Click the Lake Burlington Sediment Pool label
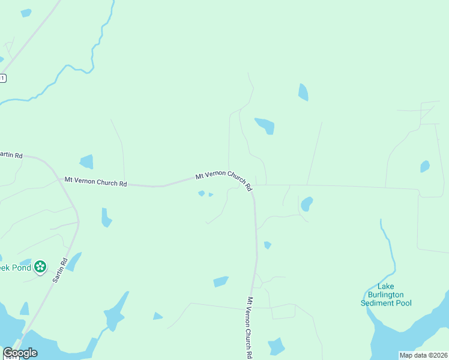pyautogui.click(x=386, y=295)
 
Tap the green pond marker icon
pyautogui.click(x=40, y=266)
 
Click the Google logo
pyautogui.click(x=20, y=353)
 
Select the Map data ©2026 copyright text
pyautogui.click(x=423, y=355)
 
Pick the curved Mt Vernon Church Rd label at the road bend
pyautogui.click(x=224, y=178)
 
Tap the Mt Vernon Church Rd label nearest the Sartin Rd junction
pyautogui.click(x=95, y=181)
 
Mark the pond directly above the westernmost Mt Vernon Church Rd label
pyautogui.click(x=87, y=161)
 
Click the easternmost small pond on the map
pyautogui.click(x=425, y=166)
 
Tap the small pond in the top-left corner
pyautogui.click(x=26, y=13)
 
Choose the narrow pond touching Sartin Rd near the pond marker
pyautogui.click(x=74, y=262)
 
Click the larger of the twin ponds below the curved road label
pyautogui.click(x=202, y=193)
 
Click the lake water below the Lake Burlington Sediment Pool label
pyautogui.click(x=408, y=336)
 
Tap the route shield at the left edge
pyautogui.click(x=2, y=78)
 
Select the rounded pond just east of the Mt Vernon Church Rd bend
pyautogui.click(x=307, y=204)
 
